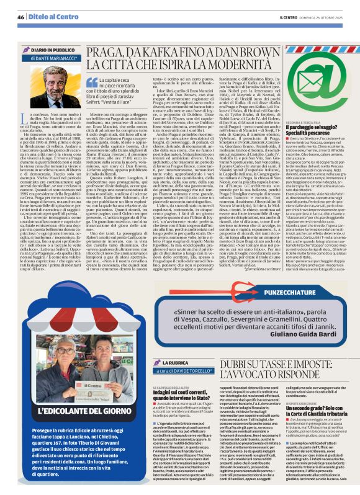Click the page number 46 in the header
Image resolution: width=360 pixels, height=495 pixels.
[20, 17]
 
